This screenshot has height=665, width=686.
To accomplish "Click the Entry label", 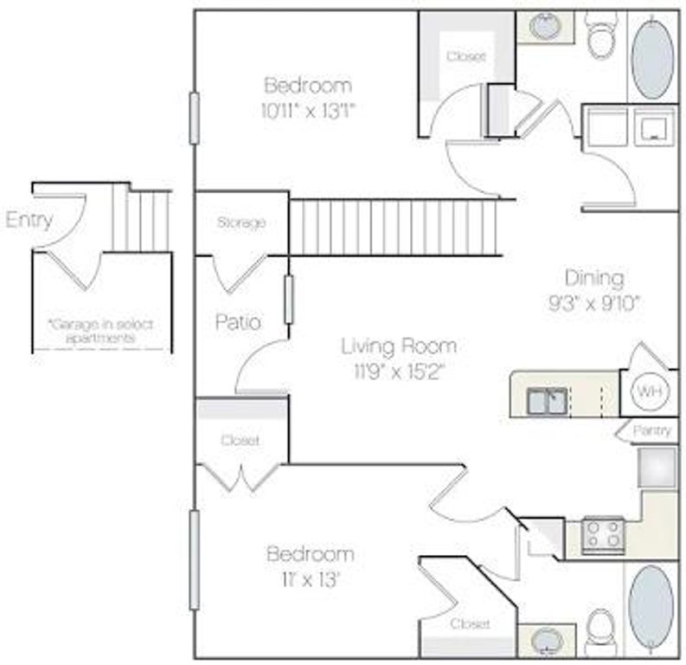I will click(x=29, y=220).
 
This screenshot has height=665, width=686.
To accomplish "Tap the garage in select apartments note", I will click(x=101, y=331).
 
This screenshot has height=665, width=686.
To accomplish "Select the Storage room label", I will click(x=240, y=223).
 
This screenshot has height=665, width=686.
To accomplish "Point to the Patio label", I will click(x=239, y=322).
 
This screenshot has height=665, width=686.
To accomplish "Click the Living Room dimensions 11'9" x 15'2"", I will click(x=398, y=371).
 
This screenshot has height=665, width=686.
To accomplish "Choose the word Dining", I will click(x=594, y=278).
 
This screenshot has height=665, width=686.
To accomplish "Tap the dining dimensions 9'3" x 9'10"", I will click(x=594, y=305).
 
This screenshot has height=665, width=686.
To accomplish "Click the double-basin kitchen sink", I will click(x=548, y=401).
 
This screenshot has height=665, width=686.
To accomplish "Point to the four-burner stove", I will click(x=602, y=534).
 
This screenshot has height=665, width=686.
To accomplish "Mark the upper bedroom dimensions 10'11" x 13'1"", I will click(x=309, y=110).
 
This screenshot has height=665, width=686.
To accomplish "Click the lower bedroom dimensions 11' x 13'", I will click(x=310, y=579).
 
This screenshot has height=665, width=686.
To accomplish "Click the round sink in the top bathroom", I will click(x=544, y=27).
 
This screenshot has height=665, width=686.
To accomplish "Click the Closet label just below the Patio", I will click(x=240, y=440).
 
